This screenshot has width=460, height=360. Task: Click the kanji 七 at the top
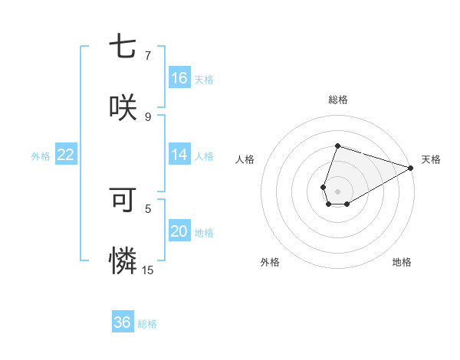click(123, 47)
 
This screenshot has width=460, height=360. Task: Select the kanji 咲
click(123, 107)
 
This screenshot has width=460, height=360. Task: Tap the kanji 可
click(123, 200)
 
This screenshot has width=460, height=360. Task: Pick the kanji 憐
click(123, 261)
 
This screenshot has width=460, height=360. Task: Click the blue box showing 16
click(179, 78)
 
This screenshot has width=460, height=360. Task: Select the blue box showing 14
click(179, 155)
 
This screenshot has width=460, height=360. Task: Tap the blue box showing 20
click(179, 231)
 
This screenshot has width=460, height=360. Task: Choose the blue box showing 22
click(66, 155)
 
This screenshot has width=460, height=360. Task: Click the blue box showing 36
click(123, 322)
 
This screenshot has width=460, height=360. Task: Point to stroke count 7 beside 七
click(147, 55)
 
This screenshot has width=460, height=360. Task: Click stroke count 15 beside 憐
click(147, 270)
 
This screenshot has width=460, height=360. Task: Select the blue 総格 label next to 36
click(147, 324)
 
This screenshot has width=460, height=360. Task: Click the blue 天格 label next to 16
click(204, 79)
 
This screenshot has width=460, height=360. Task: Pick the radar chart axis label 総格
click(337, 100)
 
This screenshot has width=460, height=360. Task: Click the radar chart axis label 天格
click(431, 159)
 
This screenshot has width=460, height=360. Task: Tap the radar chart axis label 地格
click(402, 262)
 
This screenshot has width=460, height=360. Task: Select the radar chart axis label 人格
click(245, 159)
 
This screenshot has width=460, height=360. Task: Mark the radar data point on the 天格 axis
click(411, 168)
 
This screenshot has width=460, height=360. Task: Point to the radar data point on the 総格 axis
click(337, 146)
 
